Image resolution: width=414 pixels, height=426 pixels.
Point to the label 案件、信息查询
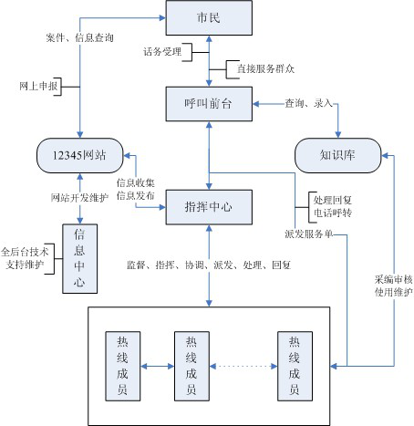tap(79, 38)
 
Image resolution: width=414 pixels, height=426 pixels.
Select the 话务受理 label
tap(164, 52)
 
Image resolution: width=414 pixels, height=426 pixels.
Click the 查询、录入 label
tap(309, 103)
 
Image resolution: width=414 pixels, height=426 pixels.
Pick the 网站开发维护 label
tap(79, 198)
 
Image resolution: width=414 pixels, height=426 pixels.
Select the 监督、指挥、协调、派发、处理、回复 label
tap(210, 265)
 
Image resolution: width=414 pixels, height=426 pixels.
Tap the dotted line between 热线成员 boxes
tap(243, 367)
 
